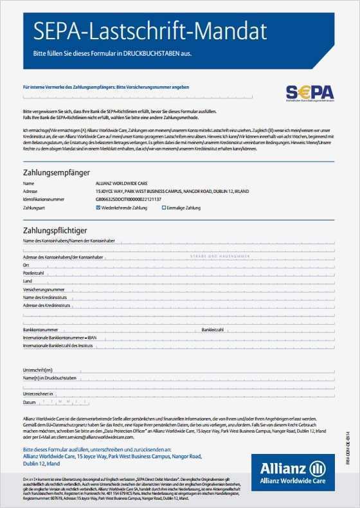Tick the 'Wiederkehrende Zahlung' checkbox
pyautogui.click(x=98, y=208)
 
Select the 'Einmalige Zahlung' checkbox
pyautogui.click(x=164, y=208)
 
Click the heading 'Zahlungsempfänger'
pyautogui.click(x=56, y=173)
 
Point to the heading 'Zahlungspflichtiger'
pyautogui.click(x=55, y=230)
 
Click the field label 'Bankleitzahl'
pyautogui.click(x=212, y=329)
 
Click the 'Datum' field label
pyautogui.click(x=29, y=402)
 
